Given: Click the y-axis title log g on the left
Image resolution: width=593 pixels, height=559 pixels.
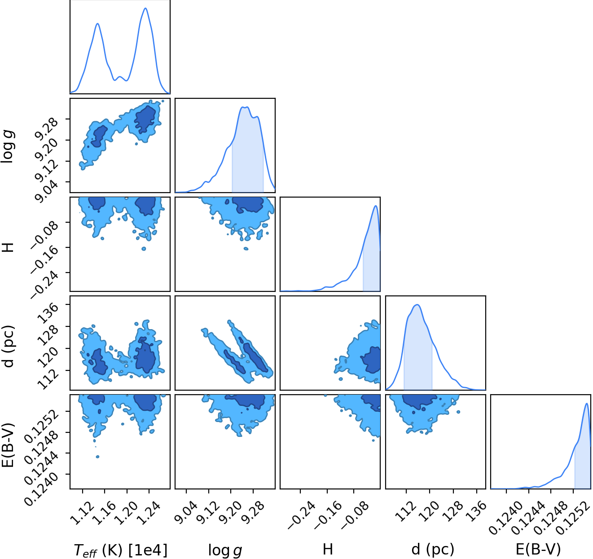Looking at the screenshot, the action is coord(8,146).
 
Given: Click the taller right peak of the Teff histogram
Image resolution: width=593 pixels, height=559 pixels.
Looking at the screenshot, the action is coord(145,8).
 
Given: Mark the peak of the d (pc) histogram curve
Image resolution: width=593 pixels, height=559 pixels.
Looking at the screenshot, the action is coord(417,305).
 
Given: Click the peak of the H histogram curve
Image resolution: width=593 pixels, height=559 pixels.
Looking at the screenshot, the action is coord(376,206).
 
